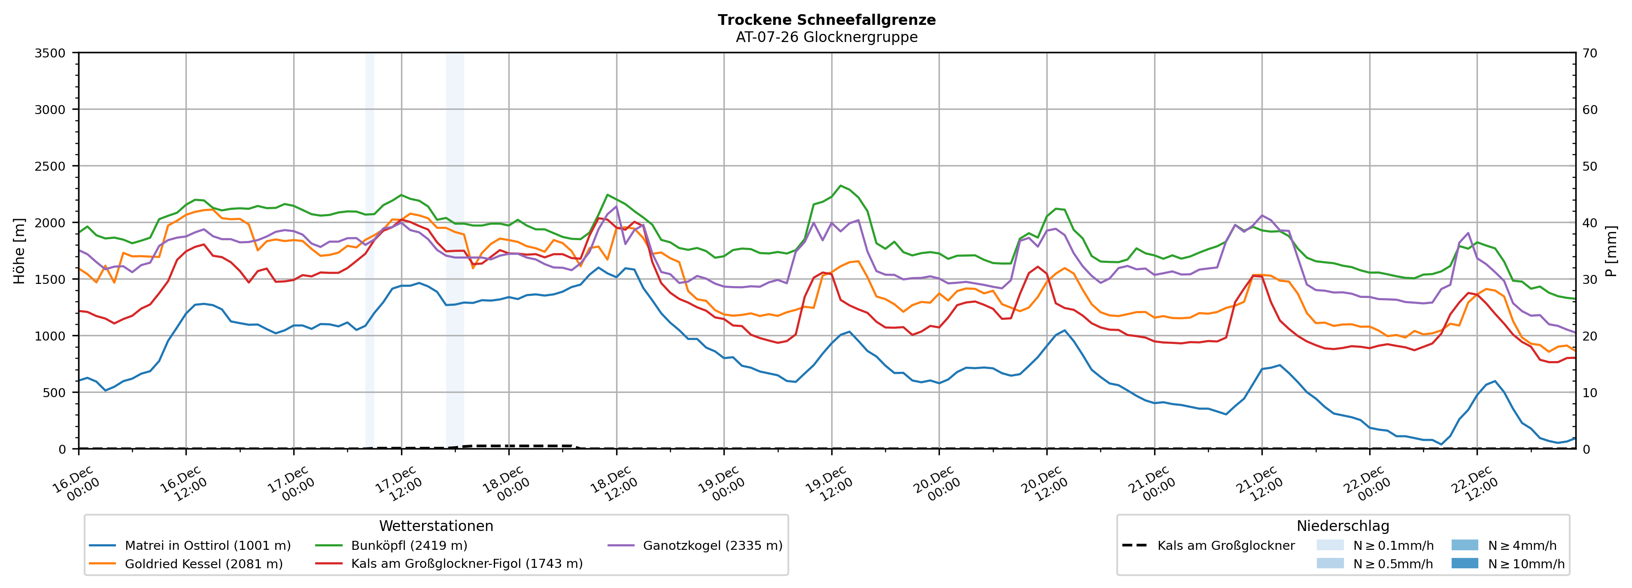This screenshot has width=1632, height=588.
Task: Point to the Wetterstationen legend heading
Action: tap(436, 526)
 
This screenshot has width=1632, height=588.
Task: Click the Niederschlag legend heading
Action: tap(1343, 526)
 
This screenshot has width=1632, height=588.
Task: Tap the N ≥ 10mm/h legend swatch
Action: tap(1465, 563)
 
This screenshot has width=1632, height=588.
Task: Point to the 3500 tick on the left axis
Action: tap(50, 53)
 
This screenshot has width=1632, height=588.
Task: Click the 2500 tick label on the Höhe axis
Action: tap(50, 166)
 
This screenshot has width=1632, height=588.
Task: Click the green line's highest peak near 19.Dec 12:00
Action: tap(841, 185)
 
